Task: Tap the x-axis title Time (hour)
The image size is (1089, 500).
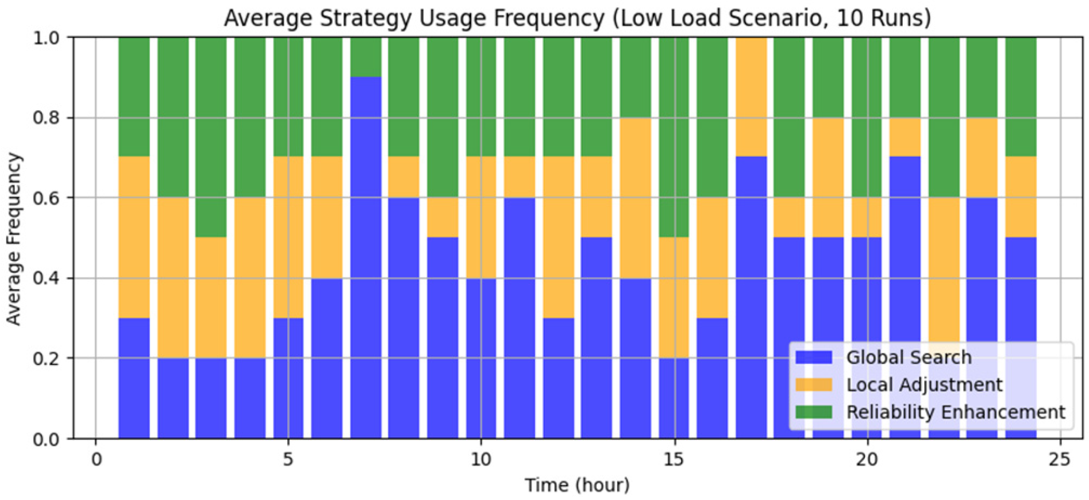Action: point(577,485)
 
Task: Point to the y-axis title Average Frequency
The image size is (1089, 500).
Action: point(14,239)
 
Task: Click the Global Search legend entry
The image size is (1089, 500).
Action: point(908,357)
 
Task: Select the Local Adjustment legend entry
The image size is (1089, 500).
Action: point(923,384)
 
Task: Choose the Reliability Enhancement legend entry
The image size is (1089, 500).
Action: point(955,412)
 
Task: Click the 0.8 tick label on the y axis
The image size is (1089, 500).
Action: point(47,118)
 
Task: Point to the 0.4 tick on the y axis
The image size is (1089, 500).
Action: point(47,279)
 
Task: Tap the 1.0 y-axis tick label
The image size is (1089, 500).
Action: point(47,38)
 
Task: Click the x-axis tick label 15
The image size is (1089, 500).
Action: point(674,460)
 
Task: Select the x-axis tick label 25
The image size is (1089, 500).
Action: point(1060,460)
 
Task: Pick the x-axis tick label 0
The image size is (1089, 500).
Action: point(96,460)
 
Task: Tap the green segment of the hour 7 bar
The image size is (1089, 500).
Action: point(366,57)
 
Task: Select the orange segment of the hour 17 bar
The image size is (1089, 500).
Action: point(751,97)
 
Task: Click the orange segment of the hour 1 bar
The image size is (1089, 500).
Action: point(134,237)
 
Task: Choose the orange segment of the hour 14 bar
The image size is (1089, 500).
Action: point(636,198)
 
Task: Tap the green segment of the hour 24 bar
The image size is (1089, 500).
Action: point(1021,97)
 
